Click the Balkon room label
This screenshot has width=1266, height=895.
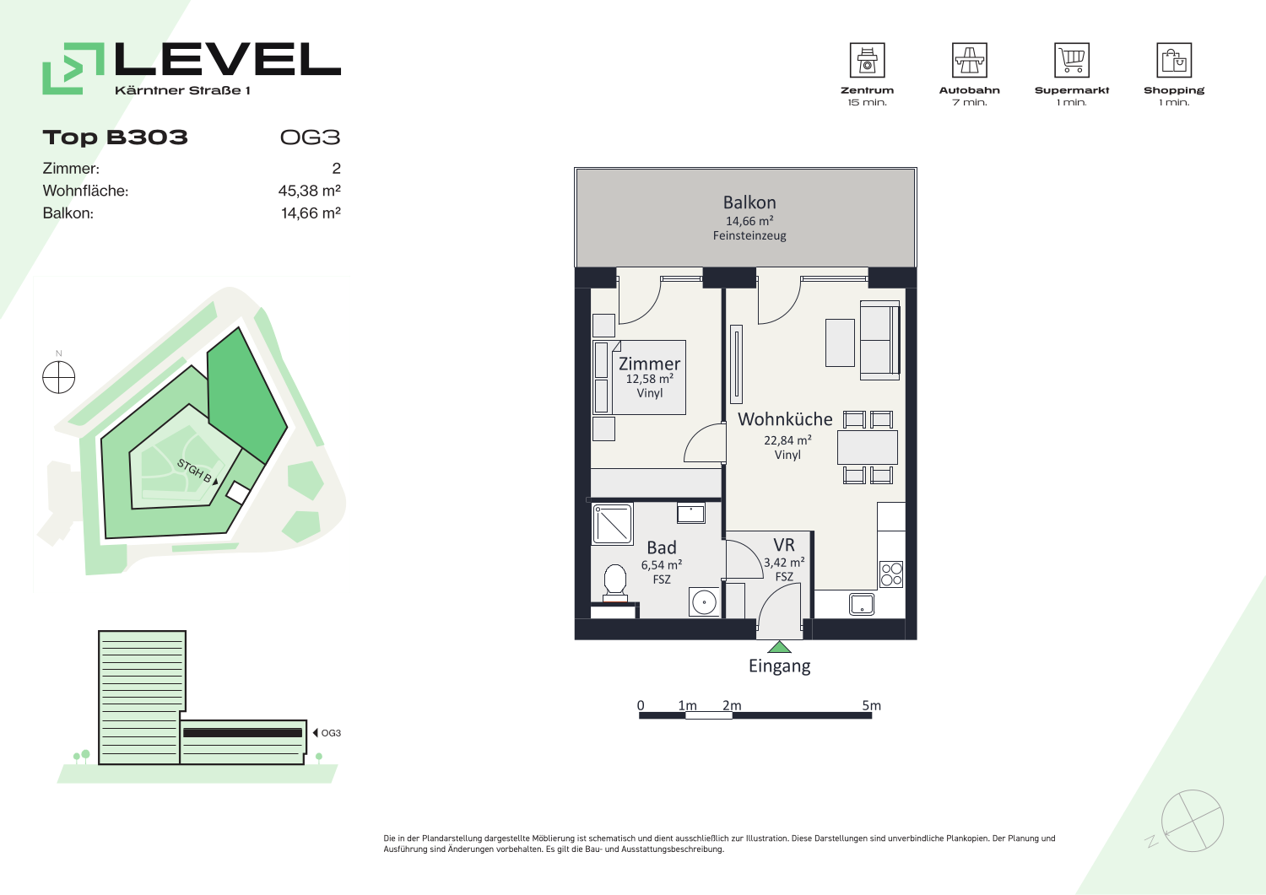[x=749, y=202]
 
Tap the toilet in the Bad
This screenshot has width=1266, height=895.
[x=615, y=583]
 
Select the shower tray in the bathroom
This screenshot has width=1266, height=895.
[x=612, y=524]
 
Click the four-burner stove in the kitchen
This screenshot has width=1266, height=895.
[x=891, y=574]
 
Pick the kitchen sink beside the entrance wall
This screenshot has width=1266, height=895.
[x=862, y=604]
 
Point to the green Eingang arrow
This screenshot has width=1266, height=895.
[x=779, y=647]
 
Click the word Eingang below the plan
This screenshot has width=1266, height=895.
[x=779, y=666]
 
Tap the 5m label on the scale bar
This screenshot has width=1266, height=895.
[x=872, y=705]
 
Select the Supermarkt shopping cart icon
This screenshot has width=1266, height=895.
[x=1072, y=60]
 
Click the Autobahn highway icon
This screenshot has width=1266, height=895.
[x=969, y=60]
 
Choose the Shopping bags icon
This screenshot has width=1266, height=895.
[x=1174, y=60]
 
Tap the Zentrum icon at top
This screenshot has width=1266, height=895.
[x=867, y=60]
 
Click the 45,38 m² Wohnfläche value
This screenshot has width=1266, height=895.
[x=309, y=191]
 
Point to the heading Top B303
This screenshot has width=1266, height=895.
[x=116, y=137]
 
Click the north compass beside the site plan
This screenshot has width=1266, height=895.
[x=59, y=377]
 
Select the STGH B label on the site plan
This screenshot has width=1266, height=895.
[x=195, y=472]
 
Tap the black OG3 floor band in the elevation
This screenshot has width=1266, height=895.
[x=242, y=733]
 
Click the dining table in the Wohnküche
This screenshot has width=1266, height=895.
[x=868, y=447]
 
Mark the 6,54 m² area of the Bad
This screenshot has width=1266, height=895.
[x=661, y=564]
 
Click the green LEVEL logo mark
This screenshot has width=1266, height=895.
[x=73, y=68]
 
